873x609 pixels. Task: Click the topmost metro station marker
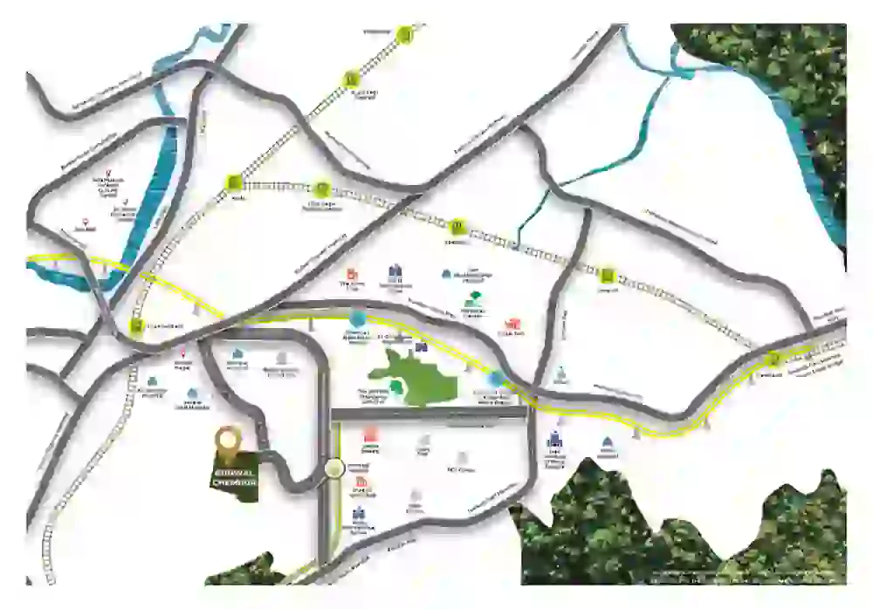point(404,35)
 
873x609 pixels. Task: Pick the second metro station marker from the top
point(350,77)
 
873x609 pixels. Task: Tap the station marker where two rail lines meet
point(234,182)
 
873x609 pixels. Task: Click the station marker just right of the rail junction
point(322,188)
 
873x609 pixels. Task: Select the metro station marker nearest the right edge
point(772,358)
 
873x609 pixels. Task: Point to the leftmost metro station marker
point(136,327)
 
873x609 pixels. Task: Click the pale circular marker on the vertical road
point(333,469)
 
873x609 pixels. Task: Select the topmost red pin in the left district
point(109,173)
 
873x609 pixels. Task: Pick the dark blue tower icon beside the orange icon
point(395,272)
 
